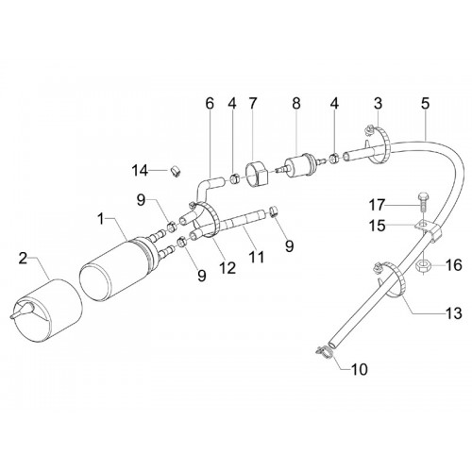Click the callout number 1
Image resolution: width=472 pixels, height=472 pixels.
click(101, 219)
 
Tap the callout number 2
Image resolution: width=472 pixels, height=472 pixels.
click(23, 259)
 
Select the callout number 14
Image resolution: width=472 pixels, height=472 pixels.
click(140, 171)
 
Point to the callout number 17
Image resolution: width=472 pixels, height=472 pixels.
click(377, 205)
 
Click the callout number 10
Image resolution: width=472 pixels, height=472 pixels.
click(360, 369)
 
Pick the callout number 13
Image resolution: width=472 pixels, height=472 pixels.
click(453, 312)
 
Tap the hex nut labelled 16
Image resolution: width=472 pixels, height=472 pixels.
click(421, 267)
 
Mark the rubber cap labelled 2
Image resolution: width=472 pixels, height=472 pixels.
click(47, 310)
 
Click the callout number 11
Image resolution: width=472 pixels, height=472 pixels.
click(257, 258)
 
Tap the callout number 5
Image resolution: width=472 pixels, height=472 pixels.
click(425, 104)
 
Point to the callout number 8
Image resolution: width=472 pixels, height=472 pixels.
click(296, 104)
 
